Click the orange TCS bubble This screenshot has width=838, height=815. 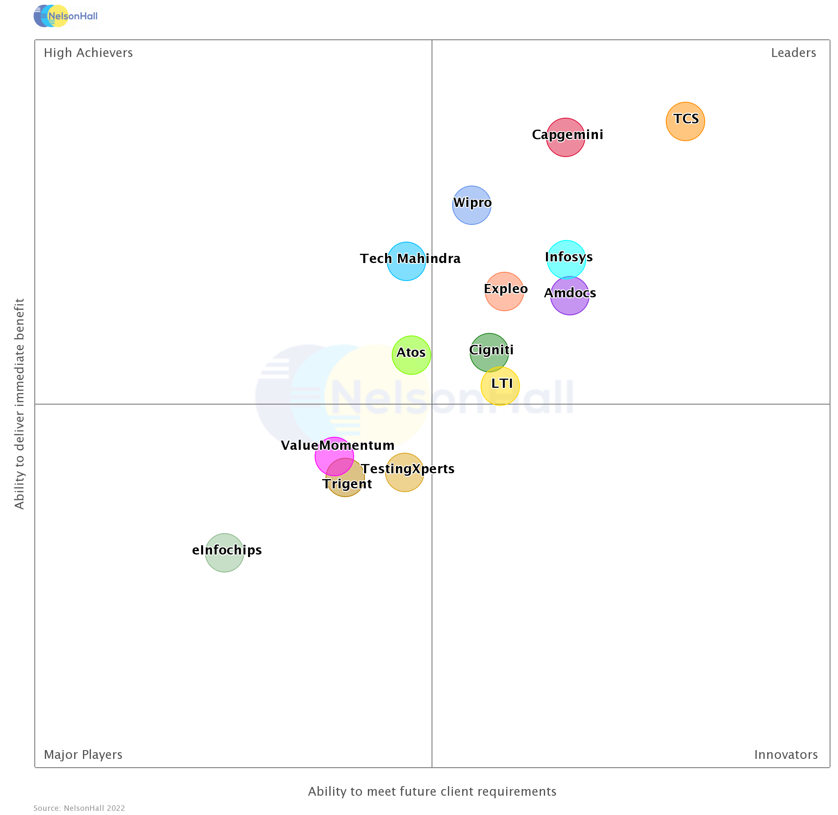pos(685,121)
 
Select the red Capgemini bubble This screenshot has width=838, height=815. pos(565,137)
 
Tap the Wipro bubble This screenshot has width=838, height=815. pos(471,205)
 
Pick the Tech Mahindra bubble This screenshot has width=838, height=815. pos(406,261)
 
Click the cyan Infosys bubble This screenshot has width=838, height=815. pos(566,259)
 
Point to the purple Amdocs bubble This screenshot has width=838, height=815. pos(569,296)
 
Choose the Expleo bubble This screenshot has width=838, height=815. pos(504,291)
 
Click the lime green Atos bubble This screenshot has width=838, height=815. pos(411,355)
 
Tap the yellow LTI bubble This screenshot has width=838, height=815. pos(500,386)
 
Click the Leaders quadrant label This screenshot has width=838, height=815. pos(793,53)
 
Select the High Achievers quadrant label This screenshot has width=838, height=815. pos(88,53)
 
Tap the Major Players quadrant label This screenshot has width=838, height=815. pos(83,754)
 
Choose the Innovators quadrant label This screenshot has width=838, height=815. pos(785,754)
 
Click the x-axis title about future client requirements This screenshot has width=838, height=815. pos(432,791)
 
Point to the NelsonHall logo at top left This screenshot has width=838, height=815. pos(65,16)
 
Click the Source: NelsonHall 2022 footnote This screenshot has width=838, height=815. pos(79,808)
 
